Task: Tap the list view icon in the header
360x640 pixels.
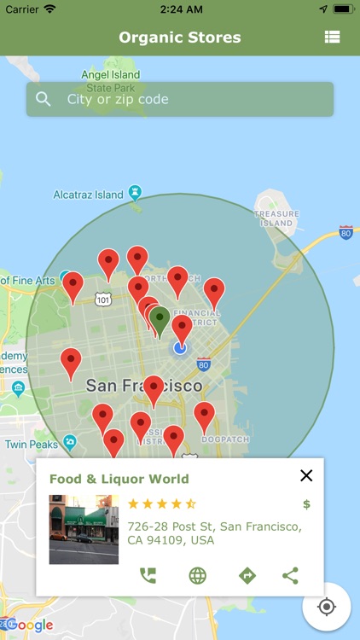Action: coord(332,38)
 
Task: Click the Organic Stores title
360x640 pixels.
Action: coord(180,38)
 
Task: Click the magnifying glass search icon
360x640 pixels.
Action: coord(44,100)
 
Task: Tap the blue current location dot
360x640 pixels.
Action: coord(180,347)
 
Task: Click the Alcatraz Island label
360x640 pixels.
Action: coord(89,195)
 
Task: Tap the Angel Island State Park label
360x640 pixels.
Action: coord(110,80)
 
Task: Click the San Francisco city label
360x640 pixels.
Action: coord(144,386)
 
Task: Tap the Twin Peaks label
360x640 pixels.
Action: coord(32,445)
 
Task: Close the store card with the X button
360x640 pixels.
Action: coord(306,476)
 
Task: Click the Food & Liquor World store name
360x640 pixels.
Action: coord(119,479)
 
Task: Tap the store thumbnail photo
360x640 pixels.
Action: coord(84,529)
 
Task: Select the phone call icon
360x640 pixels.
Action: coord(148,575)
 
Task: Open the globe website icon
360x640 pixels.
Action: coord(197,575)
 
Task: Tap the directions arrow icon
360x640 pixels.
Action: coord(247,575)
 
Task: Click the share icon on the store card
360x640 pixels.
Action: coord(290,575)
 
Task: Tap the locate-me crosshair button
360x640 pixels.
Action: coord(326,607)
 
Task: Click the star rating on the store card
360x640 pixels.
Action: coord(162,503)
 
